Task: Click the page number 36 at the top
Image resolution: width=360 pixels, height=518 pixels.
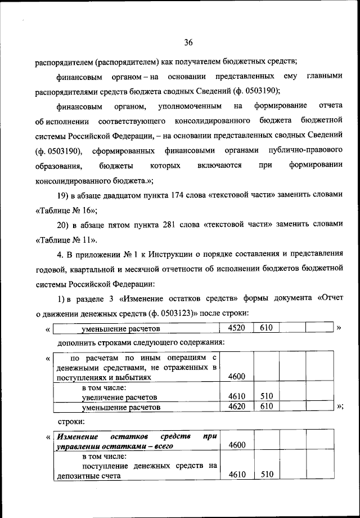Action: (x=188, y=42)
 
